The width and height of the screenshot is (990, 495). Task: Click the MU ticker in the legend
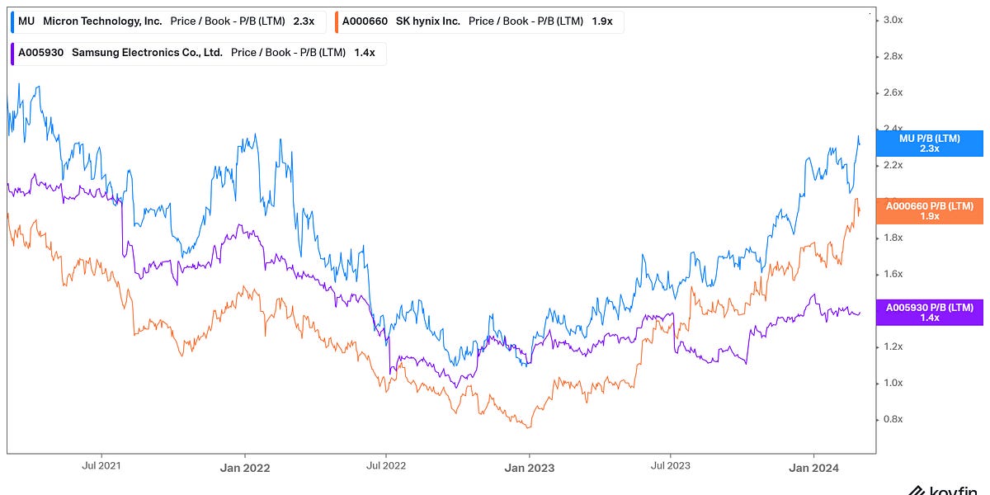[x=26, y=21]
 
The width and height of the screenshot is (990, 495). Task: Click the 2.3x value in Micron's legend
[x=304, y=21]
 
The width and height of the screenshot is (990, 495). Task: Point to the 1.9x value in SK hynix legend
[x=602, y=21]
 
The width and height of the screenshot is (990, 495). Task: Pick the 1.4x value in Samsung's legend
[x=364, y=53]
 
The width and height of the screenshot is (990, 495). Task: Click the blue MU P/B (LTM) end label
[x=930, y=144]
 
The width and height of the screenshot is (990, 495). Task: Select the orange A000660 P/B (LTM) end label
[x=930, y=211]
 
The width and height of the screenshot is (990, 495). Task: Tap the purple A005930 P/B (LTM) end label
[x=930, y=312]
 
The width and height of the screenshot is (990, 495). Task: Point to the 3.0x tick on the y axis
[x=894, y=20]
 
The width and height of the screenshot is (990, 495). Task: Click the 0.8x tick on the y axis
[x=894, y=419]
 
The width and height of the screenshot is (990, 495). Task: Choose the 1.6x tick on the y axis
[x=894, y=274]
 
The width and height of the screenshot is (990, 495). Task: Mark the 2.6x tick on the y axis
[x=894, y=92]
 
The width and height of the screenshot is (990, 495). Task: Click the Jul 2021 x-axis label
[x=101, y=466]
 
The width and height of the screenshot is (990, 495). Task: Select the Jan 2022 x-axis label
[x=245, y=467]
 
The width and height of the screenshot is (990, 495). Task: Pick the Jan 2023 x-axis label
[x=529, y=467]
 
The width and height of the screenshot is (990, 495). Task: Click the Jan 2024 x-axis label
[x=814, y=467]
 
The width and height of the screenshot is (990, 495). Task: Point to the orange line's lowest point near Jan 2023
[x=528, y=427]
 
